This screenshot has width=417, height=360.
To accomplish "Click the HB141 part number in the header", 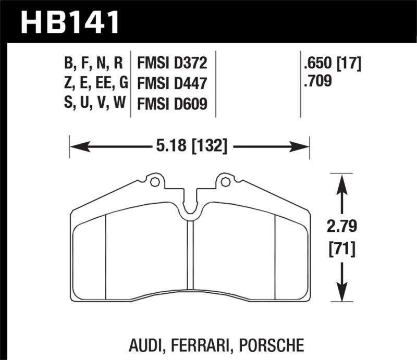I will tap(70, 22).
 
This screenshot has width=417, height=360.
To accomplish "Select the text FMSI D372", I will tap(173, 64).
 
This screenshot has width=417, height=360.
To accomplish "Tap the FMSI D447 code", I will tap(173, 83).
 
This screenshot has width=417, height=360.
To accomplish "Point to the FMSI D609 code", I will tap(173, 104).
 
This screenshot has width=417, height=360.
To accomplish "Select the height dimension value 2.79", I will tap(342, 227).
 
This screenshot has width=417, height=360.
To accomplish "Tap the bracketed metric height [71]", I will tap(342, 249).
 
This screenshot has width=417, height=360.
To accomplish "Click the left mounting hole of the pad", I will tap(154, 182).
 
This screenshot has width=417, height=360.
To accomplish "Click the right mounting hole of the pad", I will tap(225, 182).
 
